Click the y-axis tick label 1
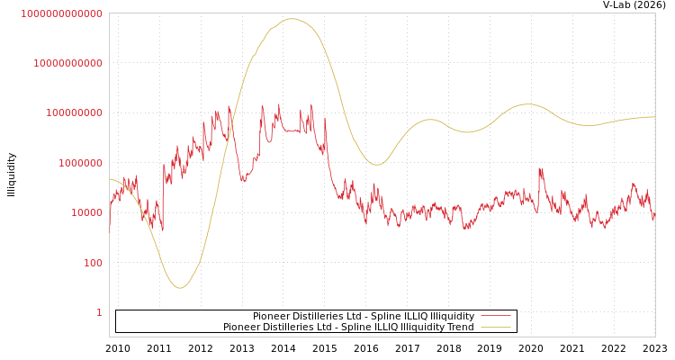point(99,312)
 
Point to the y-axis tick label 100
point(94,263)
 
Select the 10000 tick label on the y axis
point(87,212)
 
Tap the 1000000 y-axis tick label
point(82,163)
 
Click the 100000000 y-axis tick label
point(76,113)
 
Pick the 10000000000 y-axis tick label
point(70,63)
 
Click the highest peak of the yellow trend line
point(291,19)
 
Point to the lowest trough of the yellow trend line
point(180,288)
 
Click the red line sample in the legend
point(495,317)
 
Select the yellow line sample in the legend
point(495,328)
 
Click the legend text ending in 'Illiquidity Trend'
point(348,328)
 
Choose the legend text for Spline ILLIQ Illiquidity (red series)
point(364,317)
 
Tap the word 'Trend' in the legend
point(460,328)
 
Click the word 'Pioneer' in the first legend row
point(271,317)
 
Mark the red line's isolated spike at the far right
point(540,168)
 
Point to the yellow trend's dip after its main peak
point(377,165)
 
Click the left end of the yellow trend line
point(110,178)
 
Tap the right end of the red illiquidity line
point(654,216)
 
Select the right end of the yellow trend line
point(654,117)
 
